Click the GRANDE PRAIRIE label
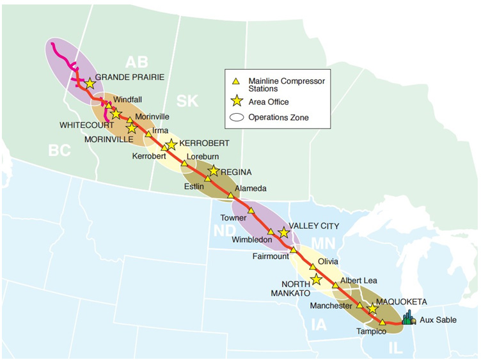(130, 77)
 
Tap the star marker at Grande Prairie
(90, 84)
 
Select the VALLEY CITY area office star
(284, 233)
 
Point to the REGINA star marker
(214, 171)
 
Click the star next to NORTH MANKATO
(316, 279)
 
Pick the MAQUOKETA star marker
(372, 309)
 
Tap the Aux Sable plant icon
(408, 317)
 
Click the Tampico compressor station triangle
(382, 322)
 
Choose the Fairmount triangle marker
(294, 249)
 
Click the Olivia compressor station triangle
(313, 267)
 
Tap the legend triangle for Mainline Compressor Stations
(235, 81)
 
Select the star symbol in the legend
(236, 100)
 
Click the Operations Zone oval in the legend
(236, 118)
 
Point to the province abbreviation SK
(189, 101)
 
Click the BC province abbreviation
(59, 150)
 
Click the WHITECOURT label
(86, 125)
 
